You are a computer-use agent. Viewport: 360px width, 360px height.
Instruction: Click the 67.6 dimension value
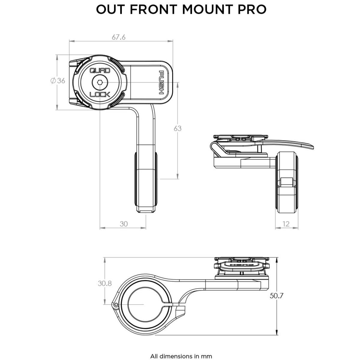(x=118, y=37)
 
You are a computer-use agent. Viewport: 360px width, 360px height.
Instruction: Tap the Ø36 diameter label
(x=58, y=81)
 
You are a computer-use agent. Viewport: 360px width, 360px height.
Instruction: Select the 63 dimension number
(x=178, y=128)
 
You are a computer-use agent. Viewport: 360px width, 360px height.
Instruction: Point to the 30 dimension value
(x=124, y=224)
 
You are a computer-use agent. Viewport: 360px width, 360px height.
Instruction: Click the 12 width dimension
(x=286, y=224)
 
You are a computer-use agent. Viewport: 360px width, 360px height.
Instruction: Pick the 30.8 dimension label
(x=105, y=283)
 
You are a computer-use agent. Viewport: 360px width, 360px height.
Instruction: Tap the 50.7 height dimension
(x=276, y=295)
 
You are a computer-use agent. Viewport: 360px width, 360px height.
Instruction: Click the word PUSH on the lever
(x=162, y=82)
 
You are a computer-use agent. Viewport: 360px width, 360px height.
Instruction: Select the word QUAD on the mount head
(x=100, y=71)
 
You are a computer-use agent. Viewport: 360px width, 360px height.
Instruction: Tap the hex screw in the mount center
(x=100, y=82)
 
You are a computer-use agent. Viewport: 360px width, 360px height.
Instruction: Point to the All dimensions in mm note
(x=181, y=348)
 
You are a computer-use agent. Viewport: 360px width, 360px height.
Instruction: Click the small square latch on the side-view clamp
(x=287, y=182)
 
